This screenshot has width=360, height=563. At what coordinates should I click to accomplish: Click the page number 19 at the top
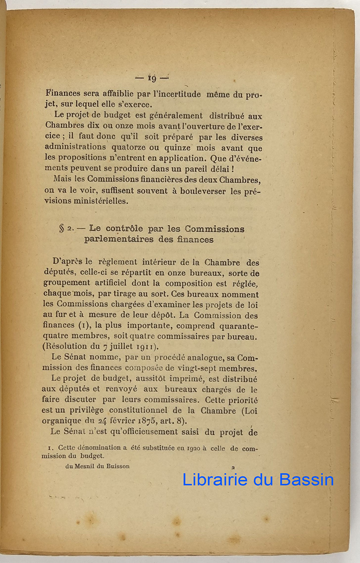(152, 78)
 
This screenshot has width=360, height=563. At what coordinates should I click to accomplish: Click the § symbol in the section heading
(61, 229)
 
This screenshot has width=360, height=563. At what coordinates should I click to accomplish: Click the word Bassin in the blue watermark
(306, 480)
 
